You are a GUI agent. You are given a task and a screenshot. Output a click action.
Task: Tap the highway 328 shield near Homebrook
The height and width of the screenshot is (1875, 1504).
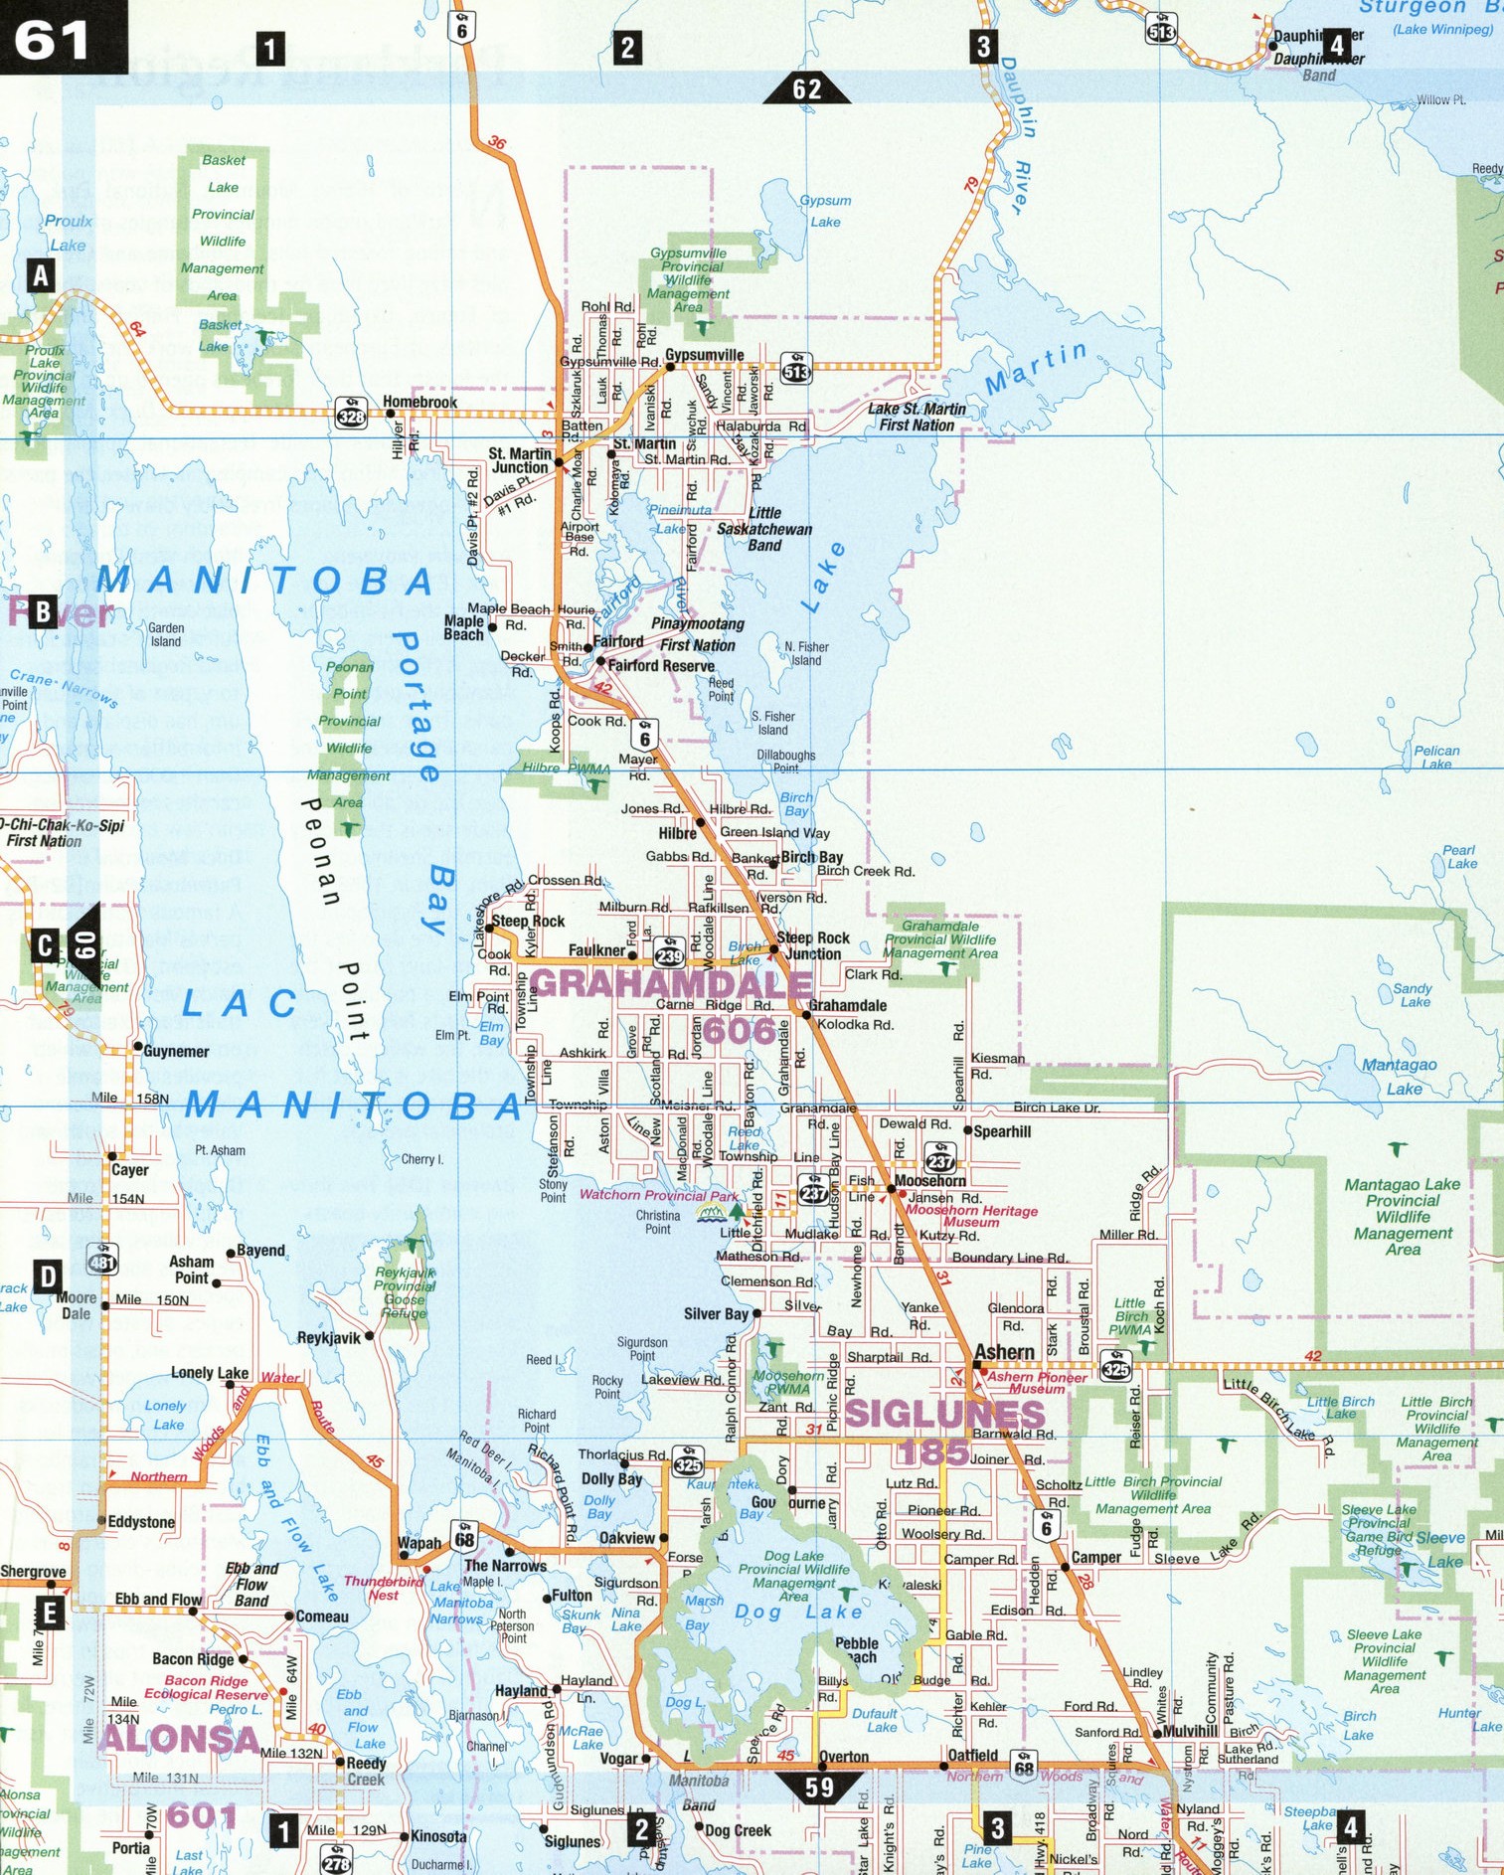pyautogui.click(x=351, y=416)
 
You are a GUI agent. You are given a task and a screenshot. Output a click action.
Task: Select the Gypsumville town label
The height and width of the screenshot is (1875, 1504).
pyautogui.click(x=704, y=355)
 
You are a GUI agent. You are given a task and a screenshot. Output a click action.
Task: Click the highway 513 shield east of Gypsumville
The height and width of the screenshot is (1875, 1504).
pyautogui.click(x=796, y=370)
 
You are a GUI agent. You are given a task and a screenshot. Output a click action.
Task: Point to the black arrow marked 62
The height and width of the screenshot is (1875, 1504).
pyautogui.click(x=806, y=89)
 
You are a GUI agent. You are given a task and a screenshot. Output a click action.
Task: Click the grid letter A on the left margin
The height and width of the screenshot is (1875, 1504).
pyautogui.click(x=40, y=274)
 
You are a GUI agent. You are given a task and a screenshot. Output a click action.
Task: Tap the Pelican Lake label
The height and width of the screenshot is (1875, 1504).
pyautogui.click(x=1436, y=757)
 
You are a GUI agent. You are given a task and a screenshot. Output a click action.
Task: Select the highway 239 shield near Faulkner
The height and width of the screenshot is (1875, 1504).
pyautogui.click(x=669, y=955)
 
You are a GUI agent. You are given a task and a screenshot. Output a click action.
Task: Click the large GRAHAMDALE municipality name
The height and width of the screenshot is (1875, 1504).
pyautogui.click(x=670, y=984)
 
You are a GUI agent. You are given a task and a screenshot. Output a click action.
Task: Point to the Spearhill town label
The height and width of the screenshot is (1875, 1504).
pyautogui.click(x=1001, y=1131)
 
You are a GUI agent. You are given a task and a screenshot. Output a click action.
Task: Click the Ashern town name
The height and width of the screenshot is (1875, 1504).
pyautogui.click(x=1004, y=1352)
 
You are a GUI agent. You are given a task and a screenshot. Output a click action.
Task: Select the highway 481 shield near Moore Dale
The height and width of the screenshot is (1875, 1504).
pyautogui.click(x=101, y=1261)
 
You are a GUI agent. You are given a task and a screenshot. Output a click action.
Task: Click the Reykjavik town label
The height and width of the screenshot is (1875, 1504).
pyautogui.click(x=328, y=1337)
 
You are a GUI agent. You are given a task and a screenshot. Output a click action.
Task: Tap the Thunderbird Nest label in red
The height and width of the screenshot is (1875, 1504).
pyautogui.click(x=371, y=1588)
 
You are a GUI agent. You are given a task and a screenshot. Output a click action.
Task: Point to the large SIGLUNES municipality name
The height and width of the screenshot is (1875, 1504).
pyautogui.click(x=944, y=1414)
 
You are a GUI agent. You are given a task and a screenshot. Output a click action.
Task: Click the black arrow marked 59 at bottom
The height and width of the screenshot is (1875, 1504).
pyautogui.click(x=819, y=1787)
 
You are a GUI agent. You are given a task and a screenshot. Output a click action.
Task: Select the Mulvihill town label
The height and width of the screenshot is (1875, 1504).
pyautogui.click(x=1190, y=1731)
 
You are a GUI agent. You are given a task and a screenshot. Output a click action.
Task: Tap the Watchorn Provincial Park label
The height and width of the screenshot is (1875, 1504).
pyautogui.click(x=659, y=1195)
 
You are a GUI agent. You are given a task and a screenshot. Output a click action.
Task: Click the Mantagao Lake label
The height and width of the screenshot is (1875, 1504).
pyautogui.click(x=1400, y=1076)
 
